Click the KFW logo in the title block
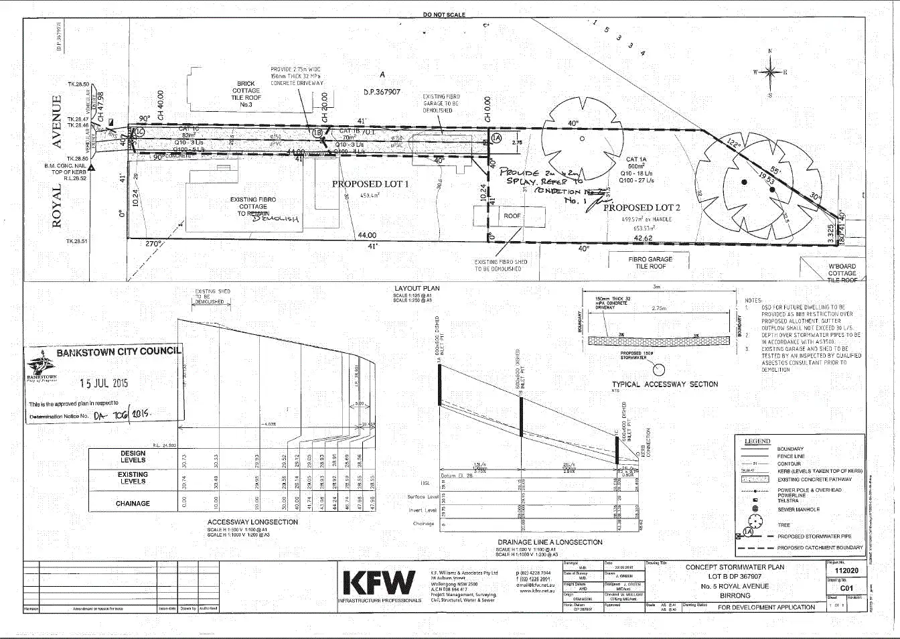(x=378, y=583)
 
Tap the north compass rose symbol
(x=770, y=72)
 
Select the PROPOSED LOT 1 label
(x=370, y=184)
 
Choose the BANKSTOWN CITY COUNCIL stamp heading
(x=118, y=352)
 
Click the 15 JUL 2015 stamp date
(x=104, y=383)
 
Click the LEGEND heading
(x=757, y=441)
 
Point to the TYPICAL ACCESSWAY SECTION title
(x=665, y=384)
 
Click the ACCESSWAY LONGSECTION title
(x=252, y=522)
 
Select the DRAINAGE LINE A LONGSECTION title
(x=550, y=542)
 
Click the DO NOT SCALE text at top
(x=444, y=15)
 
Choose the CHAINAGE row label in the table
(x=133, y=503)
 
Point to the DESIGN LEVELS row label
(x=133, y=457)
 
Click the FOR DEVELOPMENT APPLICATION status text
(x=766, y=608)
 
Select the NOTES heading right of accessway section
(x=753, y=301)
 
